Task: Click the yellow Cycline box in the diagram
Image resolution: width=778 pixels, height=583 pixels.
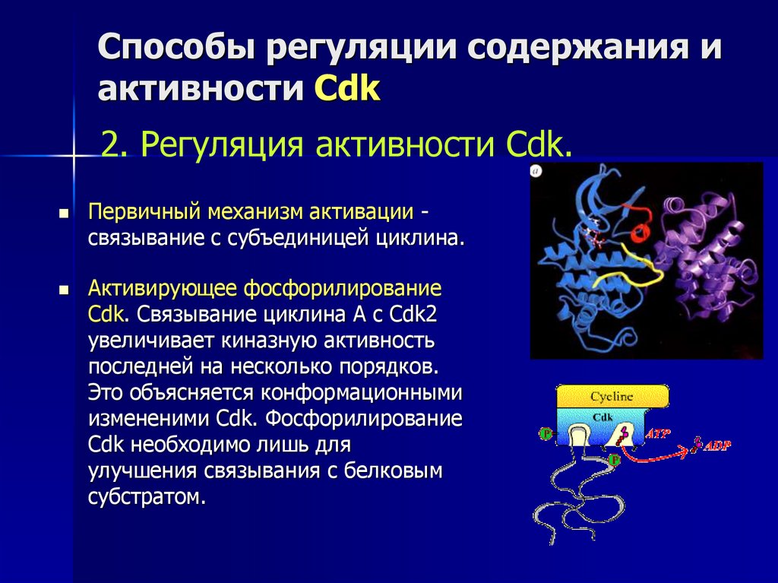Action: point(612,396)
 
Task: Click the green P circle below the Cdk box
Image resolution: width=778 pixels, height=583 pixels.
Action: point(614,460)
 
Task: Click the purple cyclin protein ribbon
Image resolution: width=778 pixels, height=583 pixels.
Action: point(699,258)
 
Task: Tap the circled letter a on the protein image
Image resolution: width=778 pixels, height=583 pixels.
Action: point(536,172)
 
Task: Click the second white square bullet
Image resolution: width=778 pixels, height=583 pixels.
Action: point(65,290)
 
